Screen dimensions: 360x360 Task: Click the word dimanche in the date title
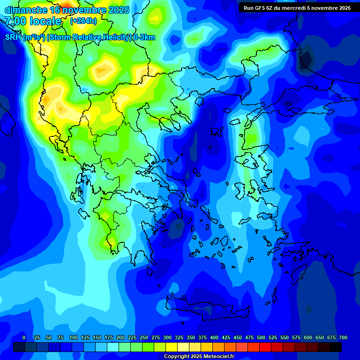pos(25,10)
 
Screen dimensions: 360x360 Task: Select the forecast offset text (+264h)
pos(83,21)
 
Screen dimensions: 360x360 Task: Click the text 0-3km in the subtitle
pos(144,37)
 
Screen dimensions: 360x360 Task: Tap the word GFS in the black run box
pos(265,8)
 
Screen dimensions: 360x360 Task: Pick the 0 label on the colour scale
pos(24,337)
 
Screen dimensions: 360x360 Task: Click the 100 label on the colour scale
pos(74,337)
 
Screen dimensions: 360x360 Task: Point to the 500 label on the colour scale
pos(261,337)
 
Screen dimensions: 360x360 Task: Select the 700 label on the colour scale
pos(343,337)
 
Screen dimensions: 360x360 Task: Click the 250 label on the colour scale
pos(144,337)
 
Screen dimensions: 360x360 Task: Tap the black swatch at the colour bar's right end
pos(336,347)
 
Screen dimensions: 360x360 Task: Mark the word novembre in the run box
pos(326,8)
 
